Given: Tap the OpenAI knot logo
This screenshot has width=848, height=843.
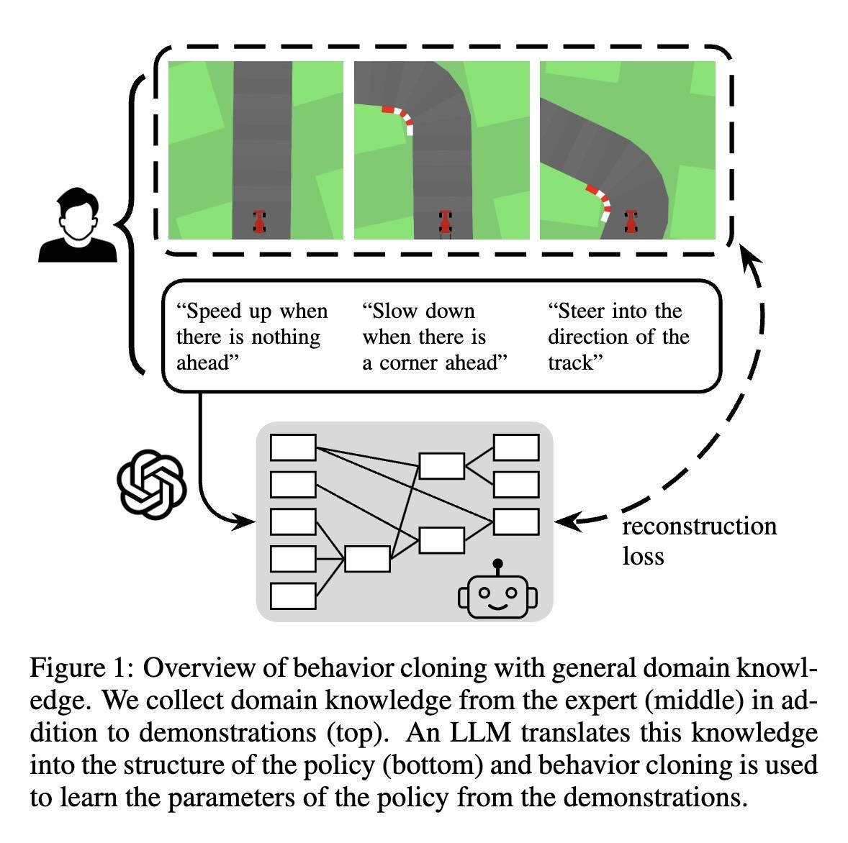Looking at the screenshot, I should coord(151,483).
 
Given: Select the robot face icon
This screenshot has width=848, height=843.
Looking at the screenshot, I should coord(497,593).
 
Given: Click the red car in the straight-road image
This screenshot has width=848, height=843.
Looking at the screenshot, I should coord(259,221).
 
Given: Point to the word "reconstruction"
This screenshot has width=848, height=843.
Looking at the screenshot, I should coord(699,526).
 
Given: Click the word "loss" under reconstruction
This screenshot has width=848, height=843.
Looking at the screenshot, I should coord(643,555).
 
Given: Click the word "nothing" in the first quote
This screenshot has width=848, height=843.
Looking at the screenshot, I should coord(284,337).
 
